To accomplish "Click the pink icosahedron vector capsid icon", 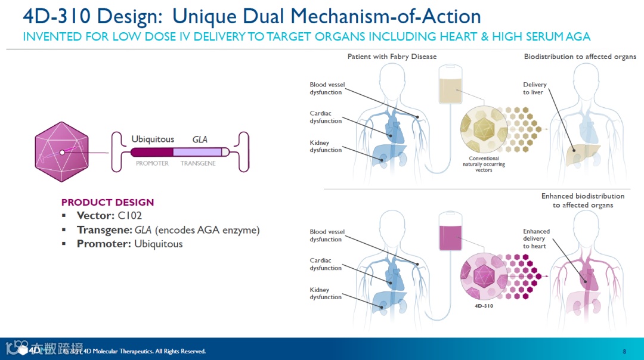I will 62,152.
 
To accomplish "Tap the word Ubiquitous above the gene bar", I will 153,139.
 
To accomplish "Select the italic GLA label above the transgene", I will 200,139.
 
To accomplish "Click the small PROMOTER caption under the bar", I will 152,163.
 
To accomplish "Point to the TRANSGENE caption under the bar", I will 198,163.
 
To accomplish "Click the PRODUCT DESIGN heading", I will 107,202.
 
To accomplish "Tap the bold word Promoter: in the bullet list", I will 104,244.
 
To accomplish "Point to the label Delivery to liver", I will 535,89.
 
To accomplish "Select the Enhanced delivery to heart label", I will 536,238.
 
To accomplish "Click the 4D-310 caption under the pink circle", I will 484,306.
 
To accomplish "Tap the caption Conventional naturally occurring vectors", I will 484,164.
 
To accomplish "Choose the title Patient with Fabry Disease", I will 392,57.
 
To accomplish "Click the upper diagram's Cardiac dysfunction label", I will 326,117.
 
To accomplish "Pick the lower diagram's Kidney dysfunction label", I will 326,293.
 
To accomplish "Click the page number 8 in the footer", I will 624,351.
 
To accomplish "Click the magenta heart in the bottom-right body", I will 586,274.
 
